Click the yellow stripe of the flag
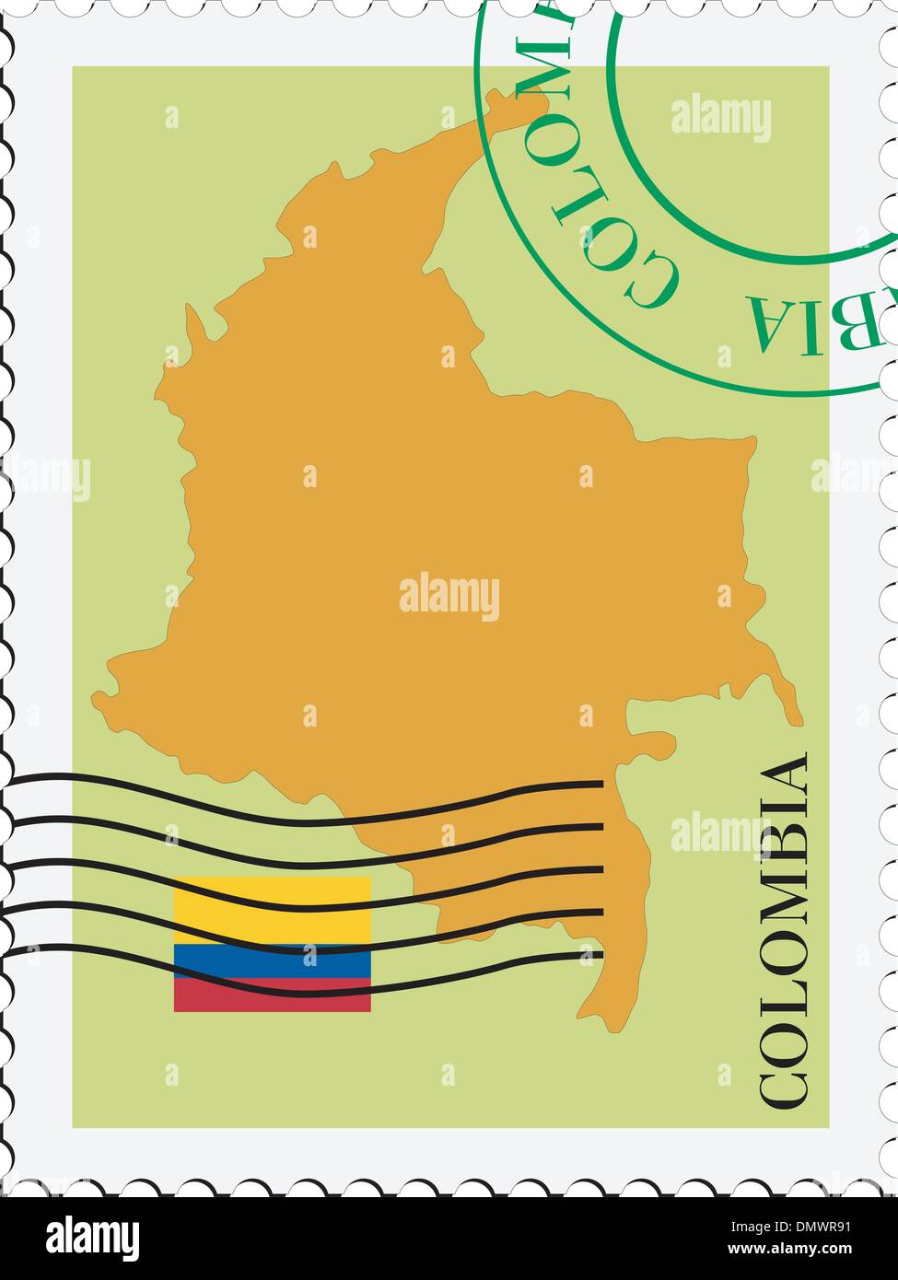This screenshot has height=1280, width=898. pyautogui.click(x=273, y=907)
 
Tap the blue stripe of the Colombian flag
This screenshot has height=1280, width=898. pyautogui.click(x=273, y=960)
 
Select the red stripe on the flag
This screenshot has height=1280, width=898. pyautogui.click(x=273, y=995)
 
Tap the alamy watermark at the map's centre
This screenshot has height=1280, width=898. pyautogui.click(x=449, y=597)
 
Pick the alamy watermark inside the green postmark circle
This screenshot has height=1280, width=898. pyautogui.click(x=720, y=120)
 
